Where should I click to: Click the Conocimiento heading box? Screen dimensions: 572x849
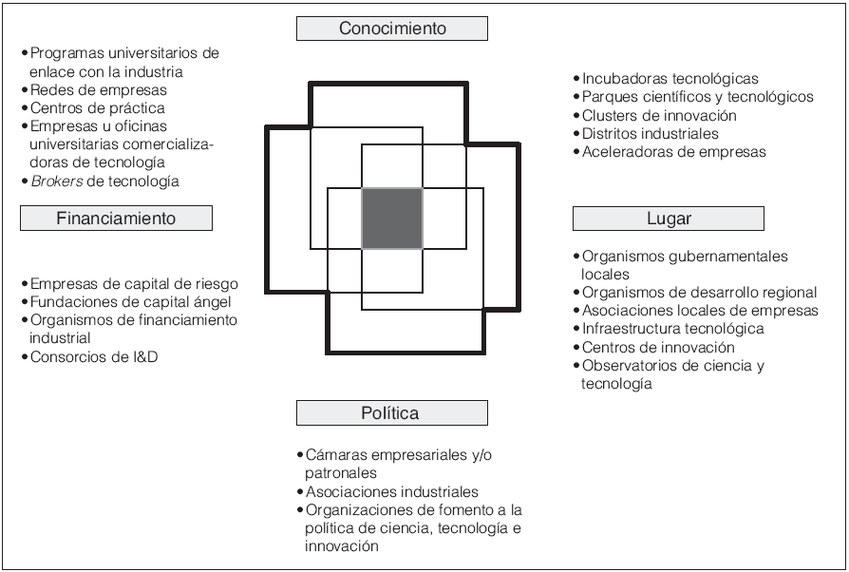click(392, 29)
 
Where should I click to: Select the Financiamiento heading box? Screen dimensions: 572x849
click(116, 219)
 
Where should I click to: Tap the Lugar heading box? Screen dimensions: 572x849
click(669, 219)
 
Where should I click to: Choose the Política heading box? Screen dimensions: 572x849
click(391, 412)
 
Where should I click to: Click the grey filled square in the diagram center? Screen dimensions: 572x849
click(392, 219)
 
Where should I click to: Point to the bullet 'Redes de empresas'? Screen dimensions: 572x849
click(86, 89)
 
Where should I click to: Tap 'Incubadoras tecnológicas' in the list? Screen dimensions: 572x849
click(670, 79)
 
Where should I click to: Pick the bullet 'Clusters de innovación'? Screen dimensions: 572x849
click(659, 115)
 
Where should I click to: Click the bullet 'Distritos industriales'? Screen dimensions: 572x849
click(651, 133)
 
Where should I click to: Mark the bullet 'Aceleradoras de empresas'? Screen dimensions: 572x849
click(673, 151)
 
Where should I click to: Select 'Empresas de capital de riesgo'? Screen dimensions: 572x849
click(134, 284)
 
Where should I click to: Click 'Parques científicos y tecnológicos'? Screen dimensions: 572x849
click(697, 97)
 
